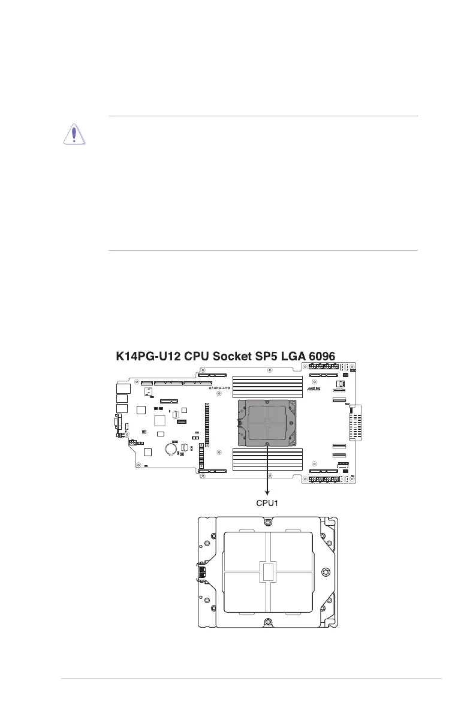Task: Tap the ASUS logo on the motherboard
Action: point(314,388)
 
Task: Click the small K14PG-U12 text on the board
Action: point(219,388)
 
